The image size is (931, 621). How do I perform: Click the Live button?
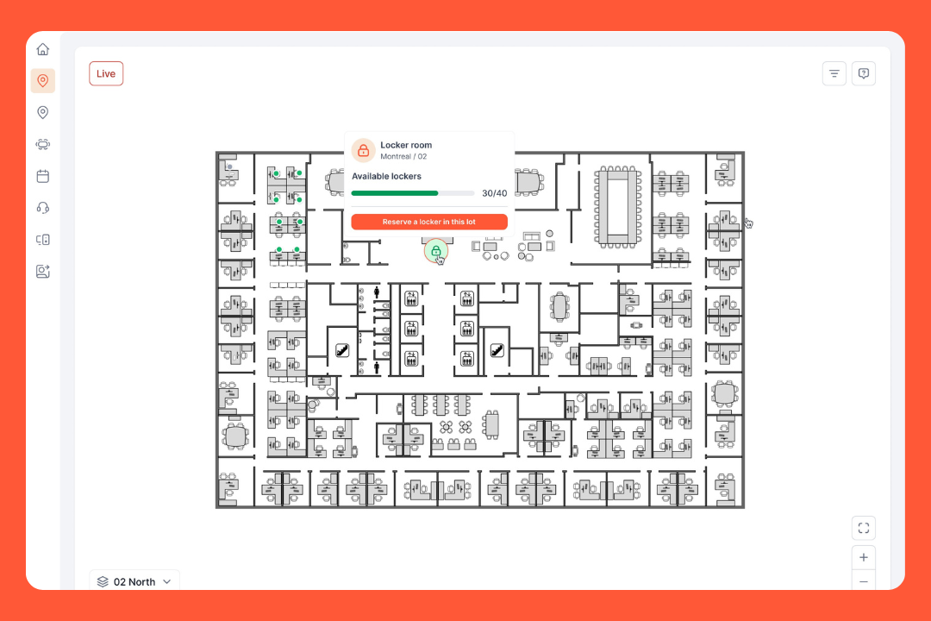pos(106,73)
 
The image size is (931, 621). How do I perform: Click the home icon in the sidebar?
pos(43,49)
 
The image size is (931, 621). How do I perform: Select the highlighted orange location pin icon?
pos(43,81)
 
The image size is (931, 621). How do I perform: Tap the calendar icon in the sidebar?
pos(43,176)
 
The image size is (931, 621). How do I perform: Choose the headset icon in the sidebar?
pos(43,208)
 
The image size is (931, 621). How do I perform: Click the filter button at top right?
pos(834,73)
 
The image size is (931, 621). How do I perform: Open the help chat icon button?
pos(864,73)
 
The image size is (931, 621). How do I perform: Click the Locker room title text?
pos(406,145)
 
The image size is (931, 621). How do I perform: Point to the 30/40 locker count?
pos(495,193)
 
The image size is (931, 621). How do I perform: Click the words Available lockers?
pos(386,177)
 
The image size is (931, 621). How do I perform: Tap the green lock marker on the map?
pos(436,251)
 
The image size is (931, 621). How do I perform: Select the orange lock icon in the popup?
pos(364,151)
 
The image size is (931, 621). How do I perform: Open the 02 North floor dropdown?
pos(134,581)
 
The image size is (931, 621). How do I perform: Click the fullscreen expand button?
pos(864,528)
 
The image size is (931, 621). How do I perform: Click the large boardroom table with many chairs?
pos(617,207)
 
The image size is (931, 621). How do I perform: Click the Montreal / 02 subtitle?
pos(403,157)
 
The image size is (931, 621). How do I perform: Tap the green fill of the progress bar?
pos(395,193)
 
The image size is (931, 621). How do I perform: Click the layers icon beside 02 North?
pos(103,582)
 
